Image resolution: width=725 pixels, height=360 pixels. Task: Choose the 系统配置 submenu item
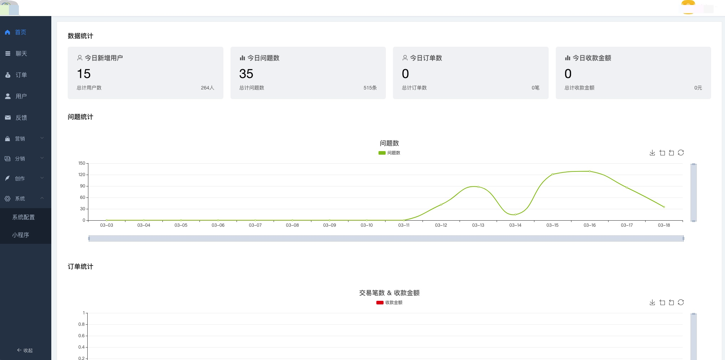click(24, 217)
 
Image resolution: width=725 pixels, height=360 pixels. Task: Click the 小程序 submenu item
click(20, 235)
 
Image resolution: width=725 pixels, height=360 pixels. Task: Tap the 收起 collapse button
click(25, 350)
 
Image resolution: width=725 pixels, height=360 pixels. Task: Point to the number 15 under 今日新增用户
click(84, 74)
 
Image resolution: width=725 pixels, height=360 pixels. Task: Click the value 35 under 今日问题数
click(246, 74)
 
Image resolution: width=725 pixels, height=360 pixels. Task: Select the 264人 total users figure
click(207, 88)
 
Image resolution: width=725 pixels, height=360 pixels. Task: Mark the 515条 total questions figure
click(370, 88)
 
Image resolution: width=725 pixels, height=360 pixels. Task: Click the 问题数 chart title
click(389, 143)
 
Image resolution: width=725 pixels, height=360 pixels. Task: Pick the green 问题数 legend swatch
click(382, 153)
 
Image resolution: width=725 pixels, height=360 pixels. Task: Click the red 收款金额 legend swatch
click(380, 303)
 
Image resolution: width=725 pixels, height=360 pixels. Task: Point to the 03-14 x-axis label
click(515, 225)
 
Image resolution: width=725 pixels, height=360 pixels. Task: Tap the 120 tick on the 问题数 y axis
click(82, 175)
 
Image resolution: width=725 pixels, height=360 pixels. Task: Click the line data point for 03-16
click(590, 171)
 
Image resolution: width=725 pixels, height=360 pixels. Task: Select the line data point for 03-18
click(664, 207)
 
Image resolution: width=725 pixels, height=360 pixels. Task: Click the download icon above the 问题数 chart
click(652, 153)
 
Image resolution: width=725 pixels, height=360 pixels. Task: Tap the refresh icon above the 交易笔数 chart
click(681, 302)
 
